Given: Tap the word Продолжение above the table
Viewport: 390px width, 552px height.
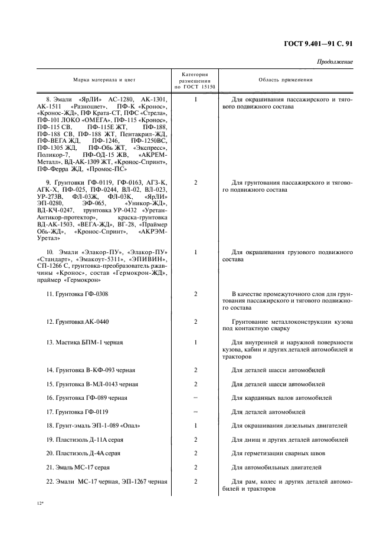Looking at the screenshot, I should point(335,61).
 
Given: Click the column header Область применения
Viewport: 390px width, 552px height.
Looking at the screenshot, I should point(286,80).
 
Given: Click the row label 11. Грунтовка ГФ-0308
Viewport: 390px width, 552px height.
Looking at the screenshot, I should point(77,293).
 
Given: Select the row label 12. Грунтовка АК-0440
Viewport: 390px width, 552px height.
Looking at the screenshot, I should point(77,321).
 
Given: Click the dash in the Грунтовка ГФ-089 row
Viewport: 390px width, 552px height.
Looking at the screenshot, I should point(195,397).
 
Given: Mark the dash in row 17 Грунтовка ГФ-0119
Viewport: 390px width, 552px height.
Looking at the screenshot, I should point(195,412).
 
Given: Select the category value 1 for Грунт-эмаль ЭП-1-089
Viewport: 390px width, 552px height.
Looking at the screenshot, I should point(195,425).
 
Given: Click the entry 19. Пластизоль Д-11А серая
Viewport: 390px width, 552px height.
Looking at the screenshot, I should point(85,439).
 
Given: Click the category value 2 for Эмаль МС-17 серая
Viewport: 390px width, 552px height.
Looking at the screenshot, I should point(195,468).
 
